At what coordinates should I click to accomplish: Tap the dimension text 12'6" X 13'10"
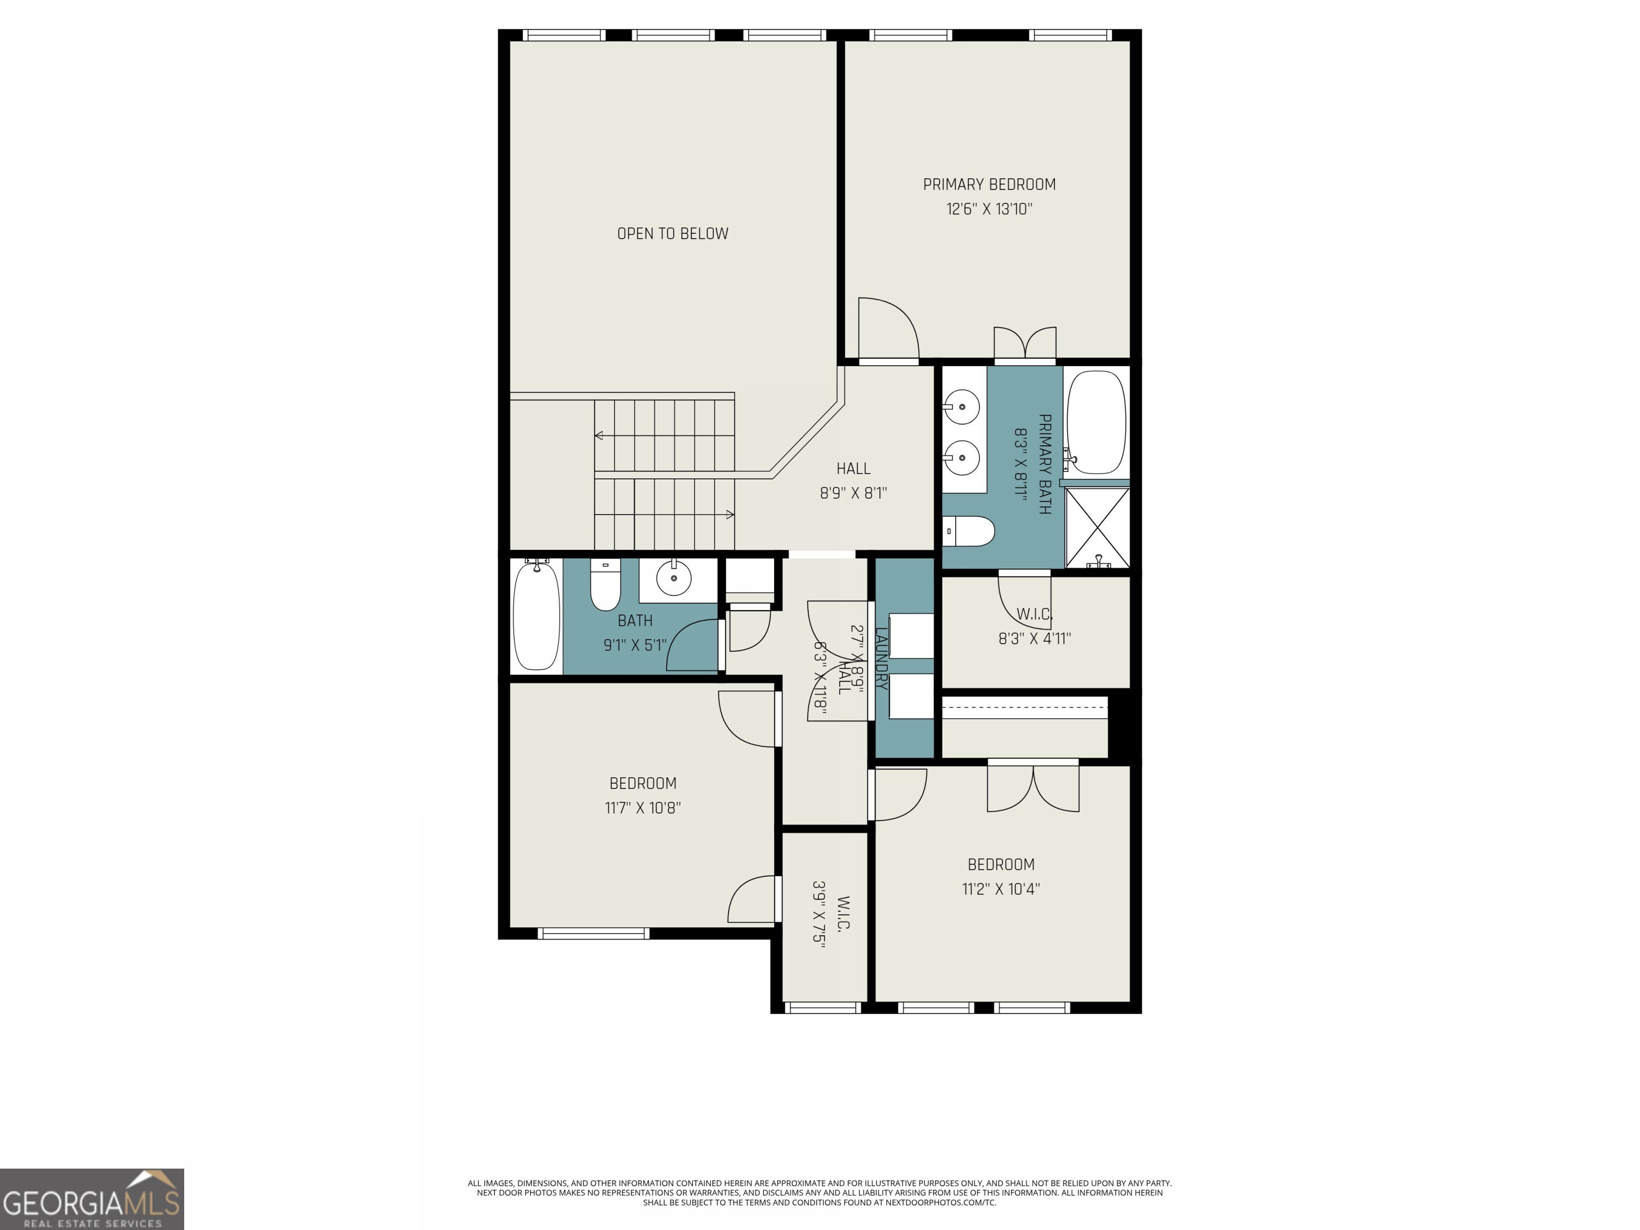point(989,209)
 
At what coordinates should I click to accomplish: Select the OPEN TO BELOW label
point(673,233)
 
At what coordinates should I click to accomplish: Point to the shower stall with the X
point(1097,527)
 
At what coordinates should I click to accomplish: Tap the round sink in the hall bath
point(674,578)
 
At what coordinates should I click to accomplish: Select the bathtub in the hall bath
point(536,617)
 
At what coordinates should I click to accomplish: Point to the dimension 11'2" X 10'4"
point(1001,889)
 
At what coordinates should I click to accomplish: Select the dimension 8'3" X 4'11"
point(1034,639)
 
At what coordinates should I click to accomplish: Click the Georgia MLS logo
point(91,1199)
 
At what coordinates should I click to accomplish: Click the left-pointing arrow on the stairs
point(599,435)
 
